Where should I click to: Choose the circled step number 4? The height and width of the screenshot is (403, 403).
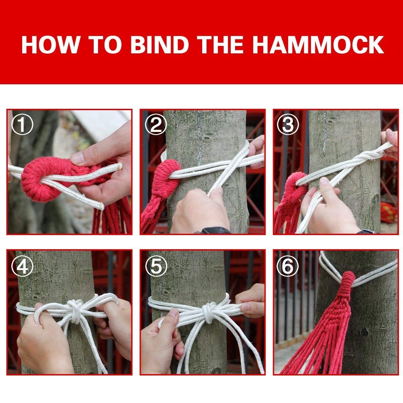click(x=22, y=267)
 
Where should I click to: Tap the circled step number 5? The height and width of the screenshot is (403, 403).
click(x=155, y=267)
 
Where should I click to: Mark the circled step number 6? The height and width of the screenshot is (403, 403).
click(x=288, y=267)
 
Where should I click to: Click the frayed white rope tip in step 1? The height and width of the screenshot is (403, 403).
click(x=118, y=166)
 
